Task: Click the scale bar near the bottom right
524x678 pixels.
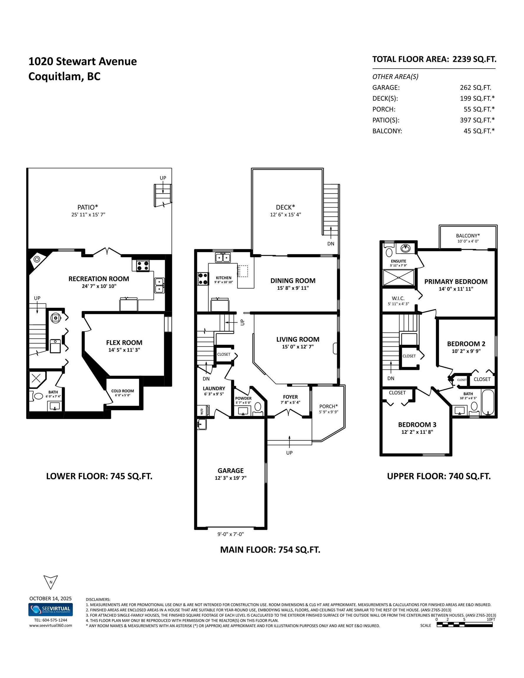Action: [x=464, y=625]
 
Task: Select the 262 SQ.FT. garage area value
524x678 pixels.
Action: [x=475, y=87]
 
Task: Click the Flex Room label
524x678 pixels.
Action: [x=124, y=343]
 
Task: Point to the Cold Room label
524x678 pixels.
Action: [x=122, y=391]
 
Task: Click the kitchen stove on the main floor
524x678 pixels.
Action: [x=203, y=278]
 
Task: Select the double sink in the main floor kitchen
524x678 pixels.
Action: [x=223, y=258]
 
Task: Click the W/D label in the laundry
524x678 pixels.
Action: [x=202, y=412]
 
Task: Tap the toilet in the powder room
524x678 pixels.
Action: [x=258, y=407]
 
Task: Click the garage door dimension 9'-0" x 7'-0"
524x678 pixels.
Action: [x=231, y=534]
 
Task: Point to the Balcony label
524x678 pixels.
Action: [x=468, y=236]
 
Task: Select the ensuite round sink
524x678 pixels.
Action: [x=404, y=248]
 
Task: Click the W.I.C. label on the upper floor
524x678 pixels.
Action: [x=398, y=298]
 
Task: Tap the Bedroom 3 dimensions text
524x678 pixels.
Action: [x=417, y=432]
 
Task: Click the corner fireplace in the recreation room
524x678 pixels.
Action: [x=37, y=259]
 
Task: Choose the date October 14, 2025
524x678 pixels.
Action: [x=50, y=598]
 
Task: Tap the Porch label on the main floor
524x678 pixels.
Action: [x=328, y=406]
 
